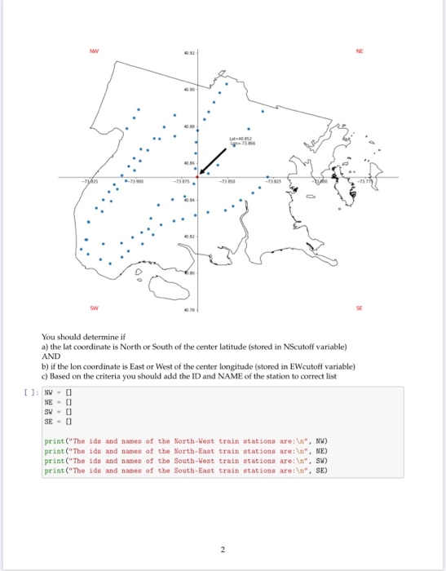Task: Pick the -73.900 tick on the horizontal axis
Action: point(134,181)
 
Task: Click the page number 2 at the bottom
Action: point(223,549)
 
